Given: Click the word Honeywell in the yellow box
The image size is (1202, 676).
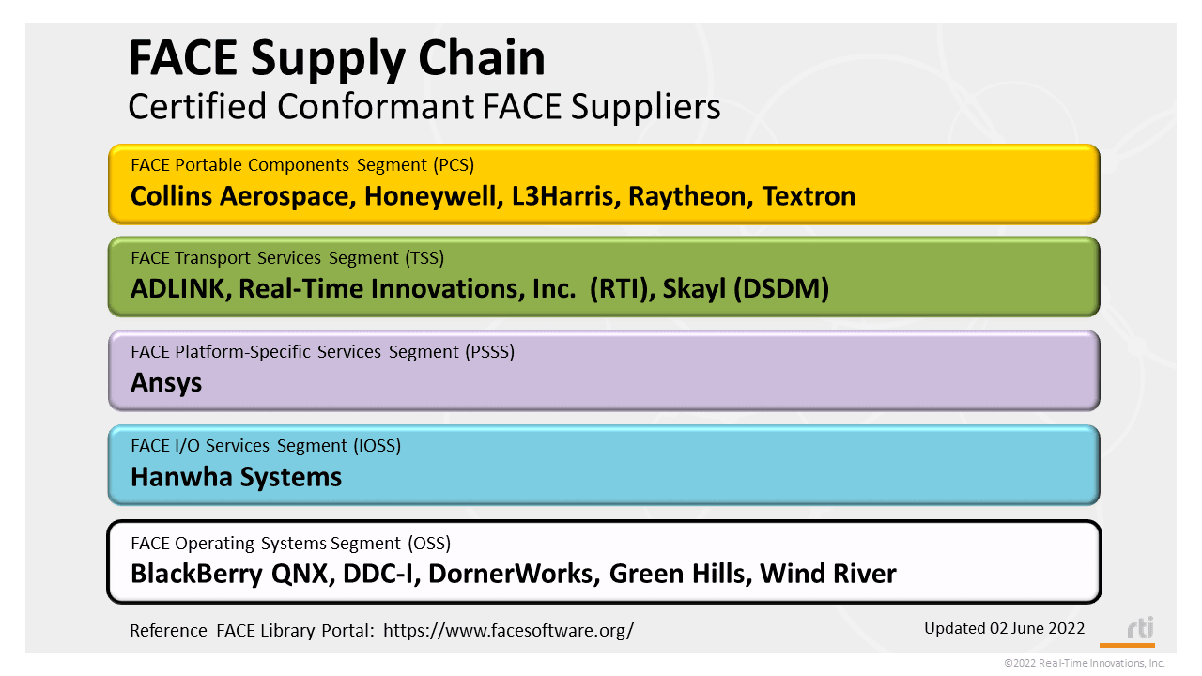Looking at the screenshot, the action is click(433, 196).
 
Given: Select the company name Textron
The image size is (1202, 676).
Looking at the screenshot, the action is click(809, 196).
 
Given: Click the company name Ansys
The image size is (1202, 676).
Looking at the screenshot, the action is click(166, 383).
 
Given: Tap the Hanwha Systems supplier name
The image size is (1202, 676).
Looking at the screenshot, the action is click(236, 477).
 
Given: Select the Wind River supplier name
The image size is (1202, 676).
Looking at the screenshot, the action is click(828, 574).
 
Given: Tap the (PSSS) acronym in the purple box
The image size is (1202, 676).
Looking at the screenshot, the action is click(489, 352).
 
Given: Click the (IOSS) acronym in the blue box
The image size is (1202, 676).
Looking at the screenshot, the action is click(377, 446).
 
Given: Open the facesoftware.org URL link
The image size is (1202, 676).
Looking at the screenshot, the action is click(508, 630).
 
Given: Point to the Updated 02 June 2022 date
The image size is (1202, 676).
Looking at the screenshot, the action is click(1004, 628).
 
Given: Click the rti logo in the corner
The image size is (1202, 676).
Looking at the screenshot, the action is click(1140, 629).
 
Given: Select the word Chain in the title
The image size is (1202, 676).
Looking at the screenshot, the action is click(482, 58).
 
